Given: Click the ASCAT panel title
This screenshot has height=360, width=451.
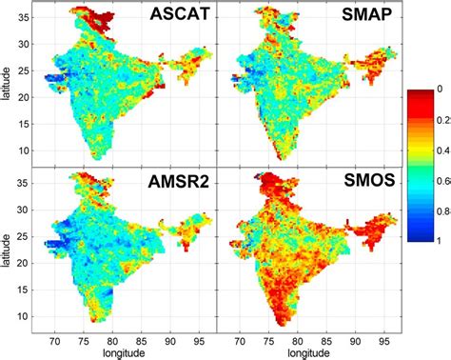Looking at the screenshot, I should pos(178,22).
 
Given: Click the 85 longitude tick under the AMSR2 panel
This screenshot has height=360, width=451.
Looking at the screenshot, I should pos(142,337).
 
